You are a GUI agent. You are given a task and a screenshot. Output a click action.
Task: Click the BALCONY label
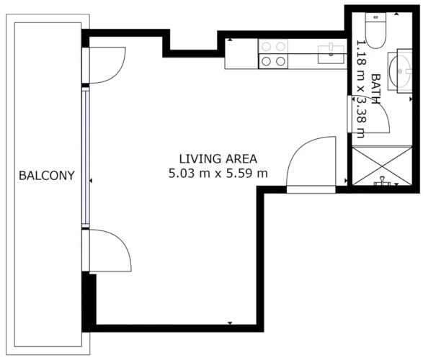pyautogui.click(x=47, y=176)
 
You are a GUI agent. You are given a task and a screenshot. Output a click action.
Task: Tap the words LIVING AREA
pyautogui.click(x=218, y=159)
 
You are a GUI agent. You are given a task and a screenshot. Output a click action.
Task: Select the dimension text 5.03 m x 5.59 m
pyautogui.click(x=218, y=173)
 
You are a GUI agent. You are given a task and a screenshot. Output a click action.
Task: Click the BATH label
pyautogui.click(x=375, y=89)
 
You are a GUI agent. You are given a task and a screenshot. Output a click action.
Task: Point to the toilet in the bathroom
pyautogui.click(x=375, y=30)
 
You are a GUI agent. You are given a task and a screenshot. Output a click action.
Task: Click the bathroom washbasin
pyautogui.click(x=400, y=71)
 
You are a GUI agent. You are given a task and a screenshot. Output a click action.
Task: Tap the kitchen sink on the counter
pyautogui.click(x=331, y=55)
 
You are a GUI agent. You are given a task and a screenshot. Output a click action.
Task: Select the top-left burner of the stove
pyautogui.click(x=266, y=47)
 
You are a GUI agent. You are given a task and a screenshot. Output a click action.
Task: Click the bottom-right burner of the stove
pyautogui.click(x=280, y=61)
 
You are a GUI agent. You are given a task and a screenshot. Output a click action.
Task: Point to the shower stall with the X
pyautogui.click(x=382, y=166)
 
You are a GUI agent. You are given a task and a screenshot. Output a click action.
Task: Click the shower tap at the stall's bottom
pyautogui.click(x=382, y=181)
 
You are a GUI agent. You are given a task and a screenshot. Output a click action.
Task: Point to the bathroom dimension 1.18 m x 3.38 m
pyautogui.click(x=361, y=89)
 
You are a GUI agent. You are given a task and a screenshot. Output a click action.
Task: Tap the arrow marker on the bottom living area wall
pyautogui.click(x=230, y=323)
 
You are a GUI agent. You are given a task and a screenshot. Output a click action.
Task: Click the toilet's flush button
pyautogui.click(x=375, y=17)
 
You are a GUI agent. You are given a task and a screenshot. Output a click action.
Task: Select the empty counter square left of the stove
pyautogui.click(x=241, y=53)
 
